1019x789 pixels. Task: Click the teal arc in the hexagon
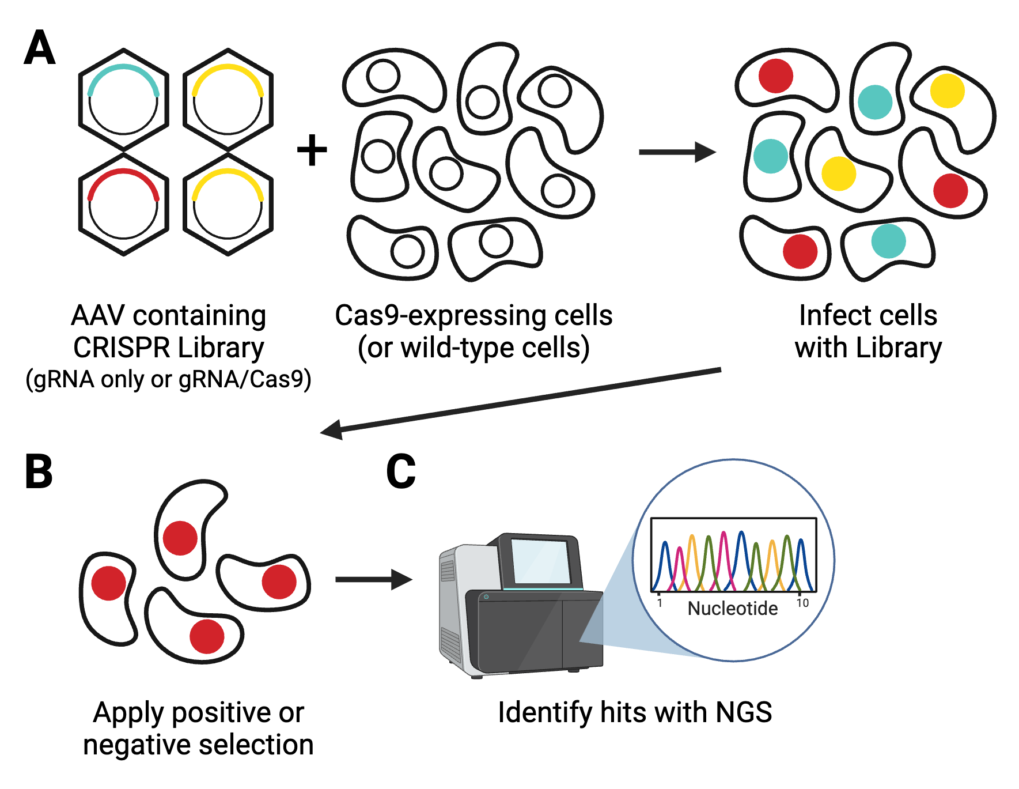(123, 68)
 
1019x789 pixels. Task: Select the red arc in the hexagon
(123, 172)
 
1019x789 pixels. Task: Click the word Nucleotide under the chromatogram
(732, 609)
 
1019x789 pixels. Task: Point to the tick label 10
(802, 603)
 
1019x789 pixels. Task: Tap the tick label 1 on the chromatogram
(660, 603)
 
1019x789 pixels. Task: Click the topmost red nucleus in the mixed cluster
(775, 75)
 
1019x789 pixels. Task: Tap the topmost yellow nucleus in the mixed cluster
(947, 90)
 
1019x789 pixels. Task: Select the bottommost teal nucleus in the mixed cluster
(888, 241)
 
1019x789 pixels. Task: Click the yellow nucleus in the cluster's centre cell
(838, 173)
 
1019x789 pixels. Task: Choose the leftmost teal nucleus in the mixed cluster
(770, 156)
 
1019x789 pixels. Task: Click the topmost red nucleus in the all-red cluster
(180, 538)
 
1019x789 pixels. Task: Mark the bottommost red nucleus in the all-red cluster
(207, 636)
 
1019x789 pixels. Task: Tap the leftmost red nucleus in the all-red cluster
(108, 583)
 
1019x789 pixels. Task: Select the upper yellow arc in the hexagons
(228, 68)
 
